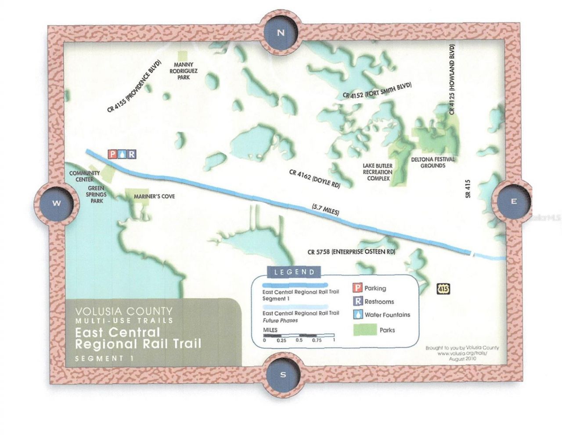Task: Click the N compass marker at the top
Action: pyautogui.click(x=281, y=33)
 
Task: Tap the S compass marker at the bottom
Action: pyautogui.click(x=283, y=374)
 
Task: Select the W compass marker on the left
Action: pyautogui.click(x=57, y=203)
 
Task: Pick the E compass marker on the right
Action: pyautogui.click(x=513, y=202)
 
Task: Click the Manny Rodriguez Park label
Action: pyautogui.click(x=184, y=71)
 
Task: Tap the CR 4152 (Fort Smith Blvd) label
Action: pyautogui.click(x=377, y=91)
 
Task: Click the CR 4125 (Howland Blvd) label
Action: pyautogui.click(x=452, y=80)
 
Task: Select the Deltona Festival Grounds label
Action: pyautogui.click(x=433, y=163)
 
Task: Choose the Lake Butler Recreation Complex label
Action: pyautogui.click(x=378, y=172)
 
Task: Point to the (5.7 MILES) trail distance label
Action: pyautogui.click(x=325, y=209)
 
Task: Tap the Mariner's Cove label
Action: pyautogui.click(x=154, y=196)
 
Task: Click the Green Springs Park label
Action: pyautogui.click(x=96, y=194)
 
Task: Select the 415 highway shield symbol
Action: pyautogui.click(x=443, y=289)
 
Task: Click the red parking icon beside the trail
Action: pyautogui.click(x=112, y=154)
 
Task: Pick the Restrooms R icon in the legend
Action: pyautogui.click(x=358, y=301)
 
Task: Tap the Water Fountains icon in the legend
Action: pyautogui.click(x=358, y=315)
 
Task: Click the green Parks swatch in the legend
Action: pyautogui.click(x=365, y=330)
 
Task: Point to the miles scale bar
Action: pyautogui.click(x=299, y=336)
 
